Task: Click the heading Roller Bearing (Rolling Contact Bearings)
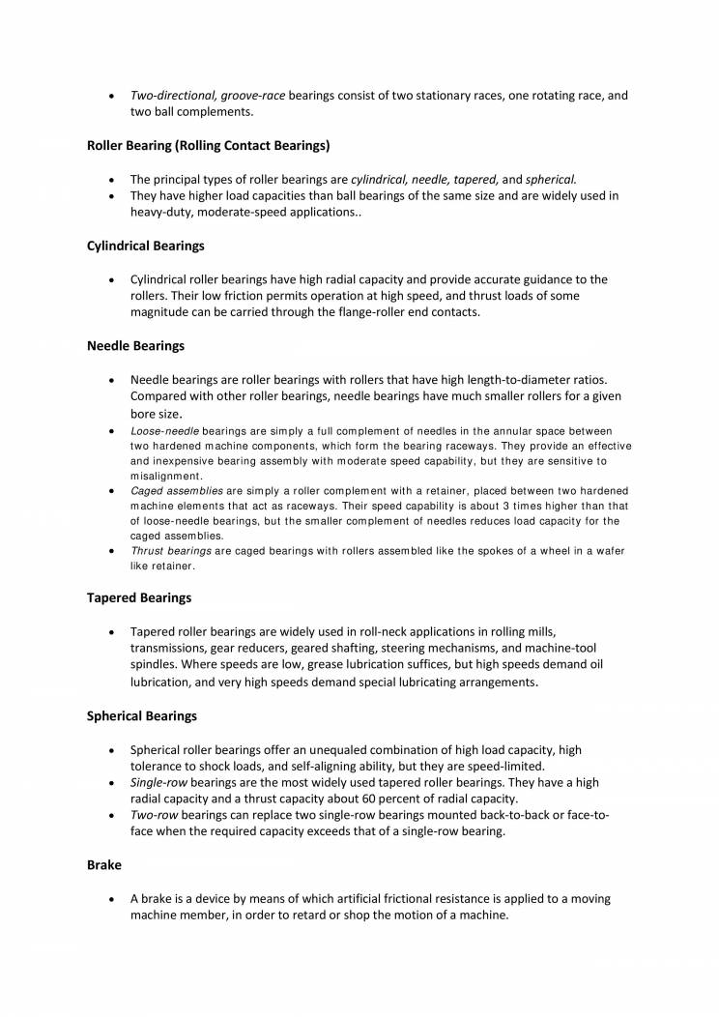click(x=209, y=146)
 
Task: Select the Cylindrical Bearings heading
click(x=145, y=246)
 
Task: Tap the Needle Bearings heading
click(x=135, y=345)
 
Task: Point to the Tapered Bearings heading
click(x=139, y=597)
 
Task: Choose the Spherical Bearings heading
click(x=142, y=716)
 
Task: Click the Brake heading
click(x=103, y=865)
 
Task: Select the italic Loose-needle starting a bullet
click(x=164, y=430)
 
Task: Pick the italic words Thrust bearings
click(x=171, y=551)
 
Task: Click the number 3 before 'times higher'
click(x=516, y=506)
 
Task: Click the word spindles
click(x=156, y=665)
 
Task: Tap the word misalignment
click(x=165, y=477)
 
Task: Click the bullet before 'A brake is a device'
click(x=113, y=900)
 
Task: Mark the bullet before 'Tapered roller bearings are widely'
click(x=113, y=631)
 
